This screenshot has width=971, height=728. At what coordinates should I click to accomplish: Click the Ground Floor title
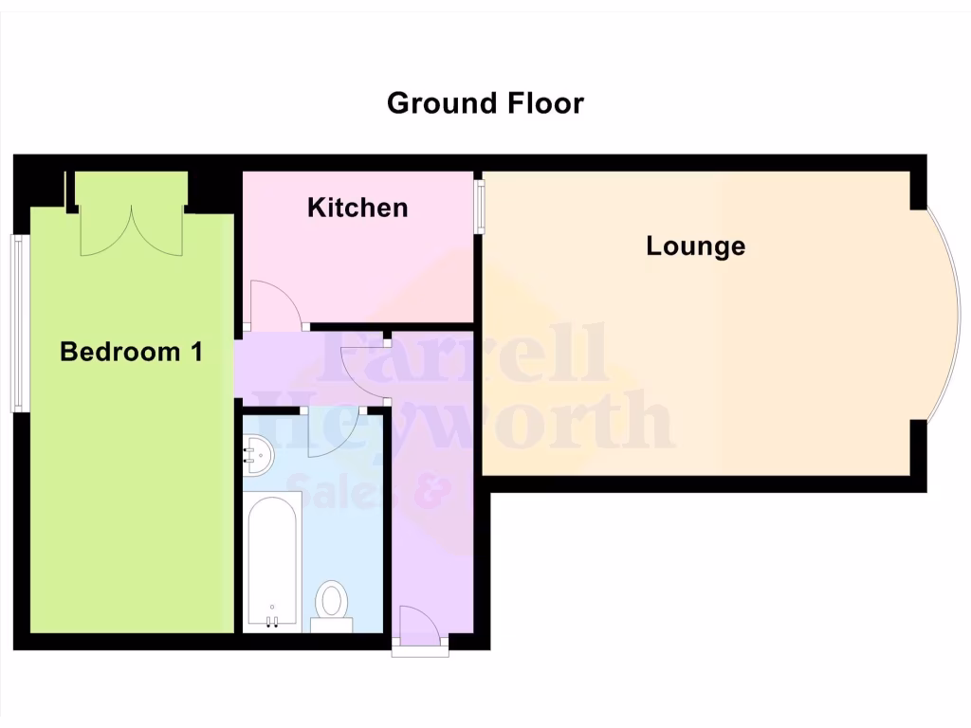click(485, 102)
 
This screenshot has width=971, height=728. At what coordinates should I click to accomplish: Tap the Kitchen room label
click(357, 208)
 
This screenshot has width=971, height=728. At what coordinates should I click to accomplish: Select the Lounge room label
click(696, 246)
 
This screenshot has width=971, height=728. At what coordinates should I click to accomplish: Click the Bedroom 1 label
click(131, 353)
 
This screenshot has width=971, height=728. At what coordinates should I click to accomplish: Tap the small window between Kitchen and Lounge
click(480, 204)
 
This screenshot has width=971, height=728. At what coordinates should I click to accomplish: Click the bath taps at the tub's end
click(272, 621)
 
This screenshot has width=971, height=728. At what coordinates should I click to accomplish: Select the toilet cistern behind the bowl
click(332, 625)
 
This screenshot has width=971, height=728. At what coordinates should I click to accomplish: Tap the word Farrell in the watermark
click(465, 353)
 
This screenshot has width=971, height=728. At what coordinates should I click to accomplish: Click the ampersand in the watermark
click(431, 490)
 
